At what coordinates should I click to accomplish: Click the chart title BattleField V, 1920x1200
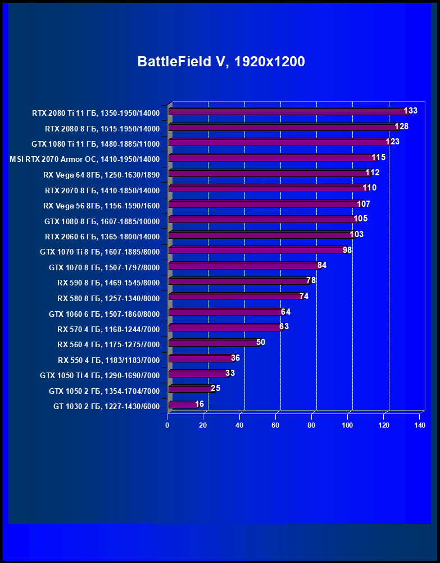tap(221, 61)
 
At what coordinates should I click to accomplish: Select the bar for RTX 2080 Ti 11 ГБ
tap(287, 112)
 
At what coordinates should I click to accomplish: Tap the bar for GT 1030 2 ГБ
tap(182, 405)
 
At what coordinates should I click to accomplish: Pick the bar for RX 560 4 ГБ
tap(214, 343)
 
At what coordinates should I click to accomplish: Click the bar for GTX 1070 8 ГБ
tap(243, 266)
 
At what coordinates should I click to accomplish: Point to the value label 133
tap(411, 111)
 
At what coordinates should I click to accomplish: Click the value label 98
tap(347, 249)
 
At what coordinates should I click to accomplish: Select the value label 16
tap(199, 404)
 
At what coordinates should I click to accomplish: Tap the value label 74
tap(304, 296)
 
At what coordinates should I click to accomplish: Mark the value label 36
tap(235, 358)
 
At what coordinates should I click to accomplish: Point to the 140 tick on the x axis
tap(420, 426)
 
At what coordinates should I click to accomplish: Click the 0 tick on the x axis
tap(167, 426)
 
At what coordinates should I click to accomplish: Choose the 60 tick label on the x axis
tap(275, 426)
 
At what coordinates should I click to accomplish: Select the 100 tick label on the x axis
tap(347, 426)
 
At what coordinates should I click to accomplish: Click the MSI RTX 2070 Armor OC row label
tap(85, 159)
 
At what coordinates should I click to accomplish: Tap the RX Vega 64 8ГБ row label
tap(101, 175)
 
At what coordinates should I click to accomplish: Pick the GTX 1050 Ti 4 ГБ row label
tap(100, 375)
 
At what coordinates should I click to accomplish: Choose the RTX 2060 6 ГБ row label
tap(102, 237)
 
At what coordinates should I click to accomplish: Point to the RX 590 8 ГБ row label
tap(108, 283)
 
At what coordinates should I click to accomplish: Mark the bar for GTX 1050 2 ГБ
tap(190, 389)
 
